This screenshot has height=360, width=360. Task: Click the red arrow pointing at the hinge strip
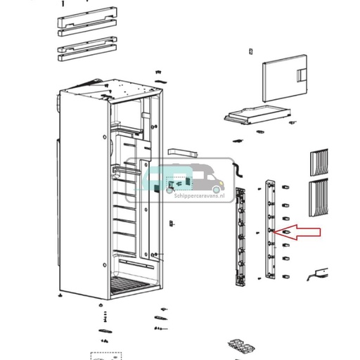(297, 232)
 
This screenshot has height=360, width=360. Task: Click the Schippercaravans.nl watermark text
(199, 195)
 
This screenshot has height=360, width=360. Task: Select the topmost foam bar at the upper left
(87, 18)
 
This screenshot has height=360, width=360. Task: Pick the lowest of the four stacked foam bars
(87, 53)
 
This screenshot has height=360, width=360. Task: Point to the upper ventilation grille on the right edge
(319, 162)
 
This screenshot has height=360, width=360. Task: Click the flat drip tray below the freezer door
(257, 115)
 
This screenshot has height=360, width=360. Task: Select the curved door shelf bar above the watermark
(183, 152)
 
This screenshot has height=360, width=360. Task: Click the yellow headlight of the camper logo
(221, 183)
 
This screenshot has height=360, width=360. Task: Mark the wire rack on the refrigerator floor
(130, 285)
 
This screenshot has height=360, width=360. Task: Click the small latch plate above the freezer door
(250, 51)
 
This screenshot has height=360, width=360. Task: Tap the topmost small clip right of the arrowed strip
(285, 187)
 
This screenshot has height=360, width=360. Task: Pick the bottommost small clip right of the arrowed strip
(285, 276)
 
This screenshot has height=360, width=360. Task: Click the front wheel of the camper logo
(217, 190)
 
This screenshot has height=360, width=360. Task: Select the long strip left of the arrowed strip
(240, 237)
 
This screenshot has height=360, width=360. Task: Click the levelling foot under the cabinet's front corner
(101, 305)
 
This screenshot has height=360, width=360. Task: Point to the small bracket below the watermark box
(172, 224)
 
